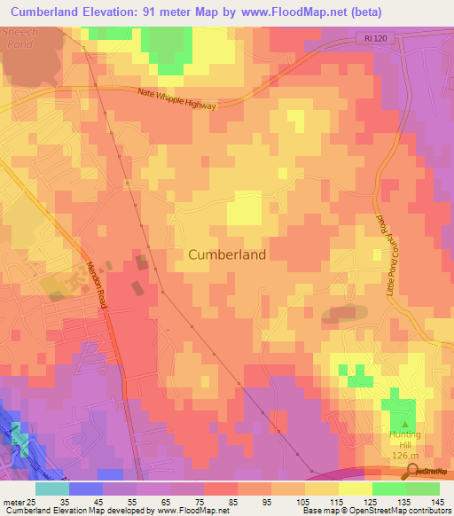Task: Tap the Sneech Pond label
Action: (19, 36)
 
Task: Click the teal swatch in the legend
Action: (52, 489)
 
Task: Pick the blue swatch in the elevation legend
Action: (86, 489)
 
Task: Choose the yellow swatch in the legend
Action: (356, 489)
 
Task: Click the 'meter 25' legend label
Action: (20, 501)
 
